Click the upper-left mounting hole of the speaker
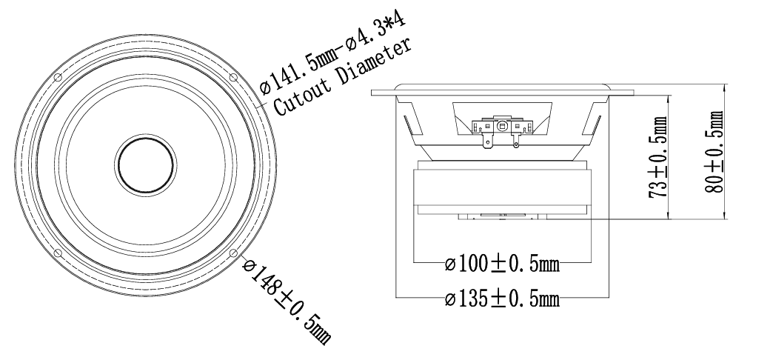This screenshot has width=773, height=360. (x=58, y=78)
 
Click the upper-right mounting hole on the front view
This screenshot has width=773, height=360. (x=234, y=78)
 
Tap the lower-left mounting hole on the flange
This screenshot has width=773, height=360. (x=58, y=253)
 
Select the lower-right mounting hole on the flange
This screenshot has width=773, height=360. (x=234, y=253)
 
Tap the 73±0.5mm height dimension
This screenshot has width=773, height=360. (x=657, y=157)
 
